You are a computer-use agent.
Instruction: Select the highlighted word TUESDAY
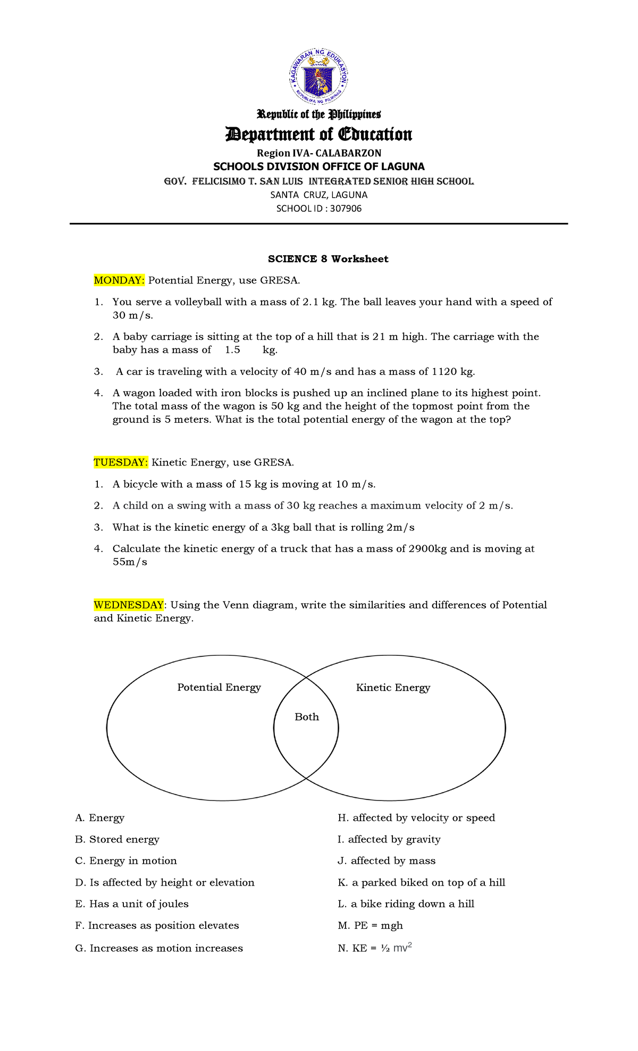click(121, 462)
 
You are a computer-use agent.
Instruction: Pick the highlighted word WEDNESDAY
click(129, 605)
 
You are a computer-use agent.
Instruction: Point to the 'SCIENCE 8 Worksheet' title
click(328, 259)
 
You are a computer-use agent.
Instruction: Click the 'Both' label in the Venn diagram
click(307, 717)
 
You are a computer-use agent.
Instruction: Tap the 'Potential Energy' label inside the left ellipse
click(219, 687)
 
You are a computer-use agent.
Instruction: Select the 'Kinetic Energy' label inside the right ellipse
click(393, 688)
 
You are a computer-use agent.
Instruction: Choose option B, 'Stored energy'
click(117, 839)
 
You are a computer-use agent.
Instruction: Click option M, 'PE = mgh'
click(371, 925)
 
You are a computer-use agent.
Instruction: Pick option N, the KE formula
click(375, 948)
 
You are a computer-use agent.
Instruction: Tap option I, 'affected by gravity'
click(389, 839)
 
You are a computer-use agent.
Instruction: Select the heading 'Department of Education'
click(319, 134)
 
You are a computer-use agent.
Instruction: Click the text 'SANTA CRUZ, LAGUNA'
click(319, 195)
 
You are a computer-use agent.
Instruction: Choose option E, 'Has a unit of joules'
click(132, 904)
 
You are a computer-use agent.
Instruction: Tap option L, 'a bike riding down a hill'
click(406, 904)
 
